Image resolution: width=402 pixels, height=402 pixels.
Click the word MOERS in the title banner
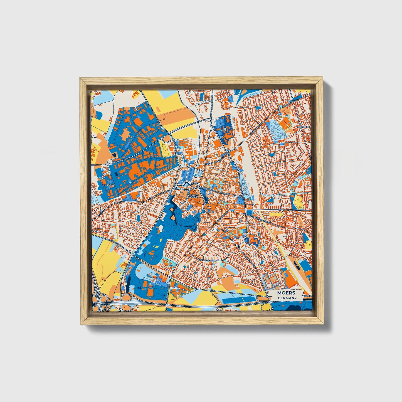coord(286,293)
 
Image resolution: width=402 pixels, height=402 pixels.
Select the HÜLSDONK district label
coord(108,185)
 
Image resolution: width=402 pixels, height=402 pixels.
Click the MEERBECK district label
coord(303,127)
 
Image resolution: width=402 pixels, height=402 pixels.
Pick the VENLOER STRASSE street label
coord(115,243)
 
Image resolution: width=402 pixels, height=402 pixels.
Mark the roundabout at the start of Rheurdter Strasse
coord(107,164)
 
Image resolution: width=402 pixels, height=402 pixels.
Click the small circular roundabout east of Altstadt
coord(282,209)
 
